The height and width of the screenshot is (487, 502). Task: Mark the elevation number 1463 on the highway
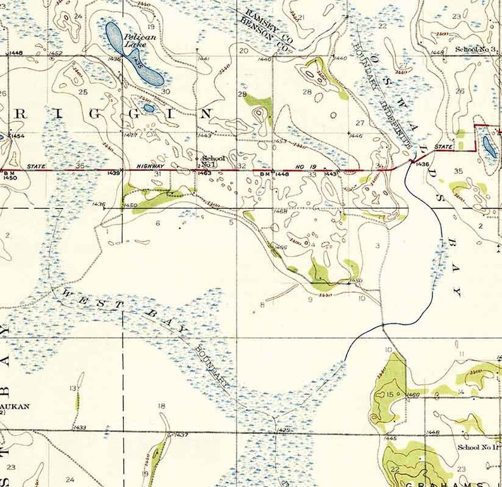tap(204, 173)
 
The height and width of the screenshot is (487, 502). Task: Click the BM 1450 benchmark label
tap(9, 175)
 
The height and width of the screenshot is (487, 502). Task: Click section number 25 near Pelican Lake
tap(82, 92)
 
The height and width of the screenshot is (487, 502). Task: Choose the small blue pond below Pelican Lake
tap(149, 108)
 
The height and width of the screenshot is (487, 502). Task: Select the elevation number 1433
tap(80, 428)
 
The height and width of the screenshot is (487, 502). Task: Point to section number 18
tap(161, 406)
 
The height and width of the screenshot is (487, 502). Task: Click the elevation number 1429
tap(284, 430)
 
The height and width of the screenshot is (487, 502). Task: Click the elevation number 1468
tap(281, 211)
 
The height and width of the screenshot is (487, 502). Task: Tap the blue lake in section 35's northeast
tap(489, 145)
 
